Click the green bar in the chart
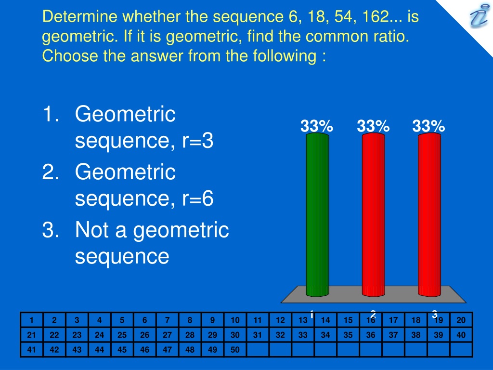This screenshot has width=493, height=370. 318,214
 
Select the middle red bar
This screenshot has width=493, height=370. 374,214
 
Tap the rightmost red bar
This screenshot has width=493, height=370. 429,214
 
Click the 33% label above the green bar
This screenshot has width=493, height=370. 317,126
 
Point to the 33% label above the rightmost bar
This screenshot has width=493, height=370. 428,126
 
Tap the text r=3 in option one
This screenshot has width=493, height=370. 198,141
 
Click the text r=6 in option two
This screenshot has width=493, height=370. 198,198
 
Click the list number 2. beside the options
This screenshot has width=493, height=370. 51,172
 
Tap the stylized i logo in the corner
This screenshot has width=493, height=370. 479,16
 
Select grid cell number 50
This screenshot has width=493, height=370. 235,350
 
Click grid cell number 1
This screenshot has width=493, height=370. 31,320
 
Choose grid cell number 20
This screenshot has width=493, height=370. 461,320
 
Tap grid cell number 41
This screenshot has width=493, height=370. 31,350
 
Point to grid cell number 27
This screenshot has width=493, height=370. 167,335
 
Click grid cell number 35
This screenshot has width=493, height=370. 348,335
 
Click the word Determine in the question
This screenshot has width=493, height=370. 80,16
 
